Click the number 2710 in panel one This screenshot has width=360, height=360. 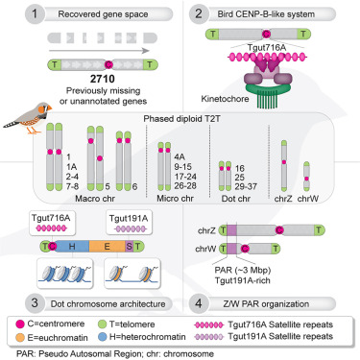(103, 79)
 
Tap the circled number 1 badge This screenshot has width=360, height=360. (35, 14)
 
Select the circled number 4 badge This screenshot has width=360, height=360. (199, 303)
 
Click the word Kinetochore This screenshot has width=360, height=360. (225, 99)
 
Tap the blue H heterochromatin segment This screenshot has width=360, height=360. (72, 246)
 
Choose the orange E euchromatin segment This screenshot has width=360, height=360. (107, 246)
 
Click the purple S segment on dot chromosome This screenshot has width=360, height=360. (129, 246)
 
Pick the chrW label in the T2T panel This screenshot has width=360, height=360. (308, 199)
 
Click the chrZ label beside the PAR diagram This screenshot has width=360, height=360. (206, 230)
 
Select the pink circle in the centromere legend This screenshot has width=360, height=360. (20, 324)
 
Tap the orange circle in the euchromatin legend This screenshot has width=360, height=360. (20, 337)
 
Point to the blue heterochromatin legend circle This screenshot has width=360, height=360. (102, 337)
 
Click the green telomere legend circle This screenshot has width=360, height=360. (102, 324)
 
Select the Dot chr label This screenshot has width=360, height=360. (236, 199)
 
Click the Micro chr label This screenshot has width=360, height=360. (175, 199)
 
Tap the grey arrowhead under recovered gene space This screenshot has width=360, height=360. (146, 51)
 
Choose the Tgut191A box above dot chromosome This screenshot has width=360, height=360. (129, 223)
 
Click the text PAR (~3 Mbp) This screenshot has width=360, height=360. (243, 270)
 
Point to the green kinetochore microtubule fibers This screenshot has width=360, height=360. (268, 99)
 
